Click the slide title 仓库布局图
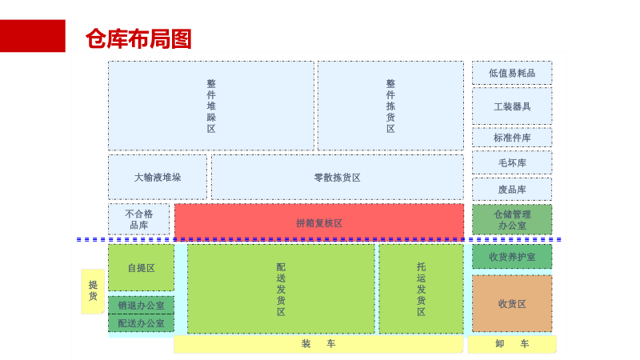pyautogui.click(x=138, y=38)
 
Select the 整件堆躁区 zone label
pyautogui.click(x=211, y=106)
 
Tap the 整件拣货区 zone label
pyautogui.click(x=390, y=106)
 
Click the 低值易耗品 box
pyautogui.click(x=512, y=73)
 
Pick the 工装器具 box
pyautogui.click(x=512, y=106)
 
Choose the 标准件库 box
pyautogui.click(x=512, y=138)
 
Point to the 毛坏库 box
pyautogui.click(x=512, y=163)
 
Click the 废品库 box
pyautogui.click(x=512, y=190)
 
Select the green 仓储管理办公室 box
pyautogui.click(x=512, y=220)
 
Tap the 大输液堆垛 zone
pyautogui.click(x=158, y=178)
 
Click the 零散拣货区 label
pyautogui.click(x=337, y=178)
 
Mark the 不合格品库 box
pyautogui.click(x=139, y=219)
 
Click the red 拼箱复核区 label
pyautogui.click(x=319, y=223)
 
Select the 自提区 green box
pyautogui.click(x=142, y=268)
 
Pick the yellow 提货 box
pyautogui.click(x=93, y=290)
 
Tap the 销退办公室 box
pyautogui.click(x=142, y=305)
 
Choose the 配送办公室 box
pyautogui.click(x=142, y=323)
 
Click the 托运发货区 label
pyautogui.click(x=421, y=289)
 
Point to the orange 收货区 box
pyautogui.click(x=512, y=304)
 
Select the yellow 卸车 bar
pyautogui.click(x=512, y=344)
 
